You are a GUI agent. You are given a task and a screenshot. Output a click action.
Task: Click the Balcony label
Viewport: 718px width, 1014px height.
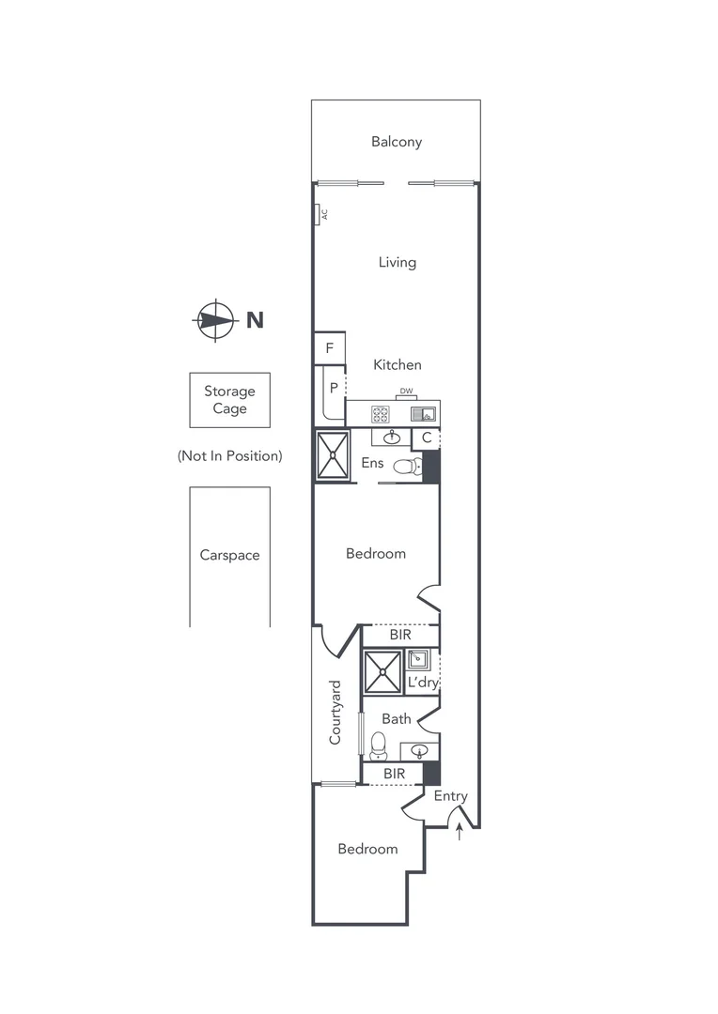397,142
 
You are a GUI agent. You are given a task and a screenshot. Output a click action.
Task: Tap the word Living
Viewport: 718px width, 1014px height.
397,262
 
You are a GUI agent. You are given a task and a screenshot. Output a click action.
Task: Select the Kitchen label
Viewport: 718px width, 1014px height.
398,364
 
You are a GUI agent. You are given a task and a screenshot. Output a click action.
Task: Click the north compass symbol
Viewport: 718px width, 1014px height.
215,320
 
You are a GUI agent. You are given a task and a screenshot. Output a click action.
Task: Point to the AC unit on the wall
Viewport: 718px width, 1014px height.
320,215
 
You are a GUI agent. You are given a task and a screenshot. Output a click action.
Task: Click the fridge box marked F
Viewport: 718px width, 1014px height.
329,347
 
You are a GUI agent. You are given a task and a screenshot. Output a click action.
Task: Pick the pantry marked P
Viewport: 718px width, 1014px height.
333,387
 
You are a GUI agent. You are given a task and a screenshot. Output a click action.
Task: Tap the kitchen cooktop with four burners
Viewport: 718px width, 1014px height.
381,413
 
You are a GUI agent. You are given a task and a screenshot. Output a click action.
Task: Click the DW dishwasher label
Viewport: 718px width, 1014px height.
406,392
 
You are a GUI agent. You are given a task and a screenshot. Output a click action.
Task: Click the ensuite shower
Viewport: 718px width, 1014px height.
333,454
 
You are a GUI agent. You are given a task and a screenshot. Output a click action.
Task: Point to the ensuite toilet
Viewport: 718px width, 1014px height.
405,466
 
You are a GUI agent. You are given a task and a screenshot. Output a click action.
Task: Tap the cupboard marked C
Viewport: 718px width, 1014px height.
426,438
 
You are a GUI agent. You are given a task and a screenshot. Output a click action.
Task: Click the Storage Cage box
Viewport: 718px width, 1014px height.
229,400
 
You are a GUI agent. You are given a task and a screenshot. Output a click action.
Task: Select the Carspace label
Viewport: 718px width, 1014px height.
229,555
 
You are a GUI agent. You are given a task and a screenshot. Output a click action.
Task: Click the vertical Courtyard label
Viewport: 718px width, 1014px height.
335,713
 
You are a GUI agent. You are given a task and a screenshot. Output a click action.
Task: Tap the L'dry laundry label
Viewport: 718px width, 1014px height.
422,683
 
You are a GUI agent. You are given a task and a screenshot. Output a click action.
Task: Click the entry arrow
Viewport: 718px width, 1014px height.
459,832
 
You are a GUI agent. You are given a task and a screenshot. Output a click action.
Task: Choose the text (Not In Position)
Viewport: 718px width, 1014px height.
229,455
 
